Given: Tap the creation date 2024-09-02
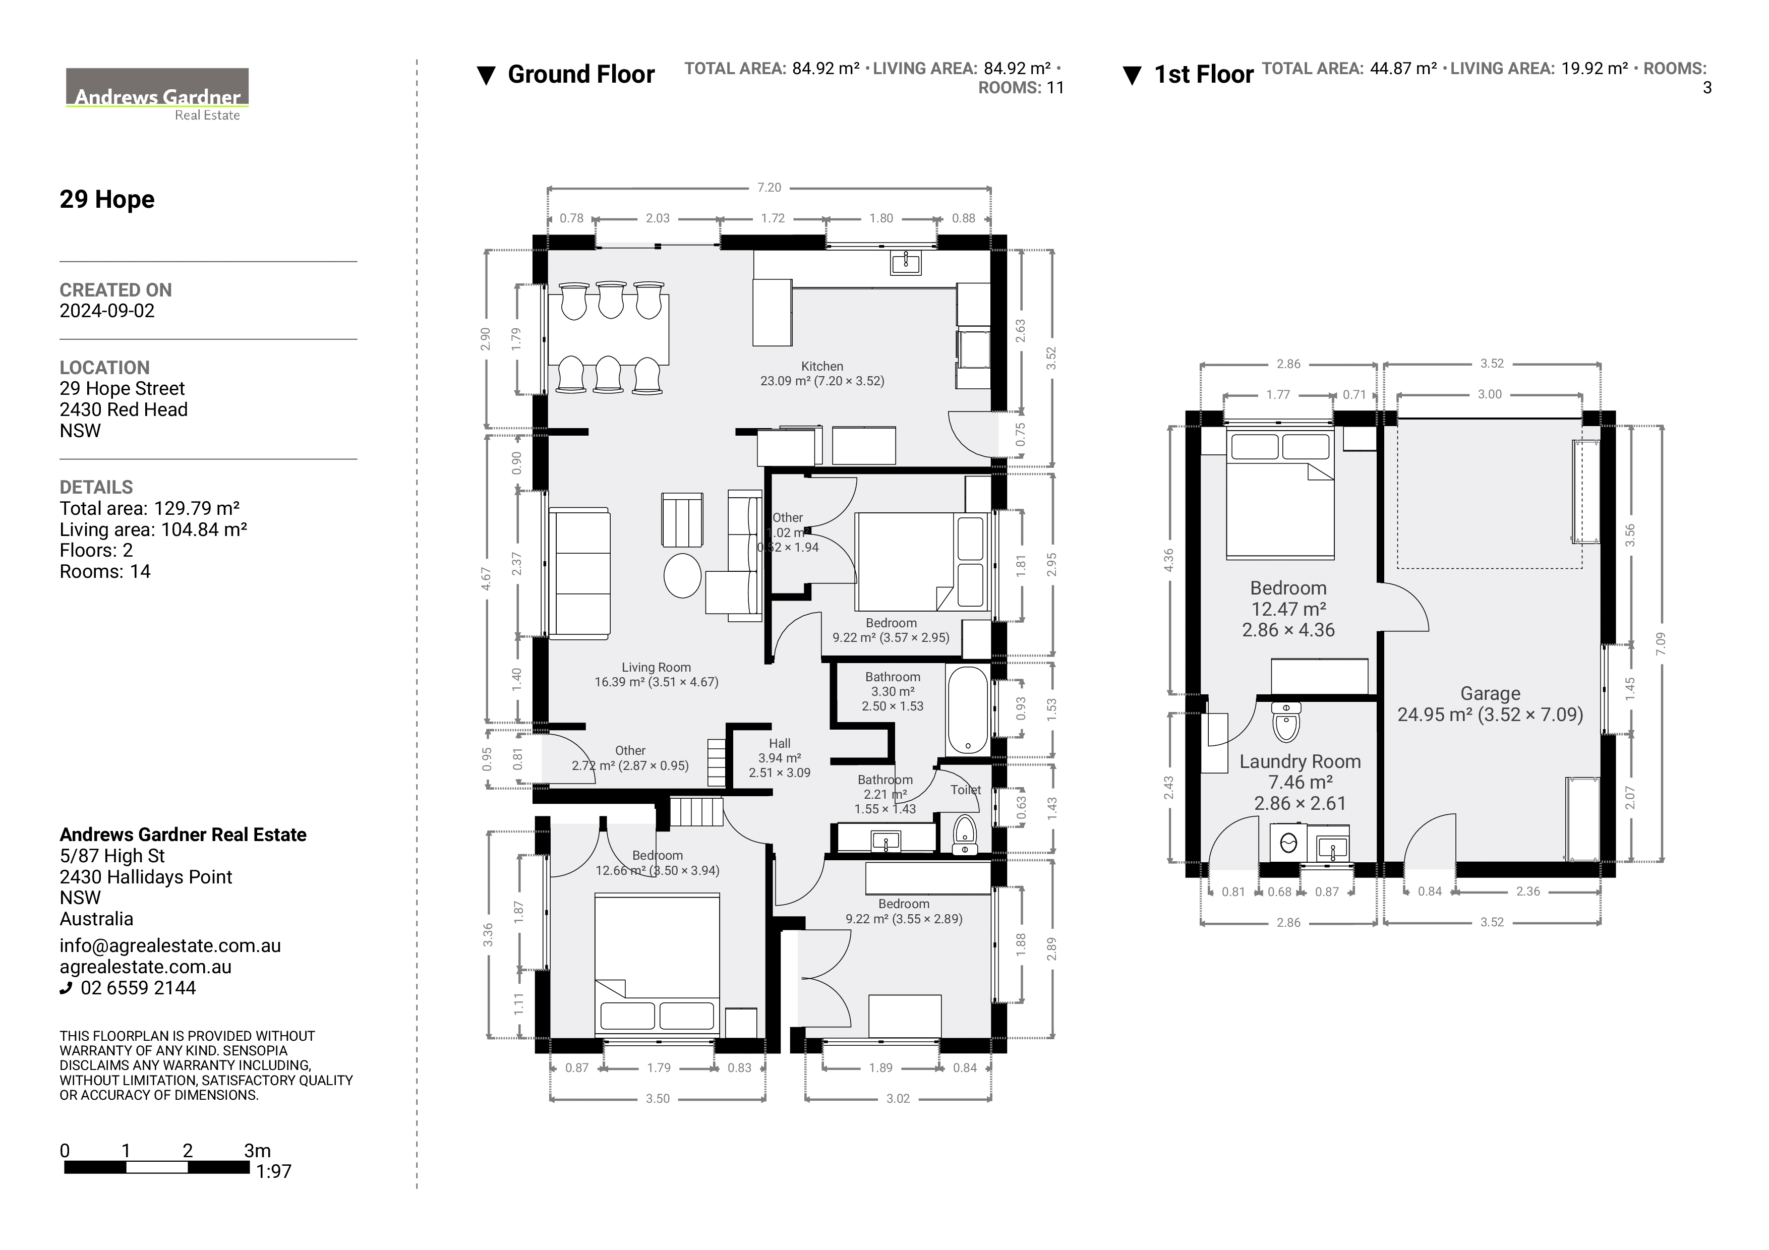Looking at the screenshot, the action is [x=107, y=311].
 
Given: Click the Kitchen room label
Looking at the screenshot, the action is [x=822, y=367].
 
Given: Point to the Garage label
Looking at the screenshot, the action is [x=1490, y=694].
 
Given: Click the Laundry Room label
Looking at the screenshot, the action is [x=1300, y=762].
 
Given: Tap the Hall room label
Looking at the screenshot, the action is [x=780, y=744].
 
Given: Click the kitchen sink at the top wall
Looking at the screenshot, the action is [x=905, y=263].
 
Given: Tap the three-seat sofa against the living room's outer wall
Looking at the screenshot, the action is [x=579, y=573].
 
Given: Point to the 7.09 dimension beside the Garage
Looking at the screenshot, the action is [x=1661, y=644].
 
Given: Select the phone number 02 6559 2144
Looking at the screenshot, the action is [x=138, y=988].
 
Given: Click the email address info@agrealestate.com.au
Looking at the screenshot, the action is [x=170, y=946].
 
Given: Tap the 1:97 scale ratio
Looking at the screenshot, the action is [x=273, y=1171].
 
